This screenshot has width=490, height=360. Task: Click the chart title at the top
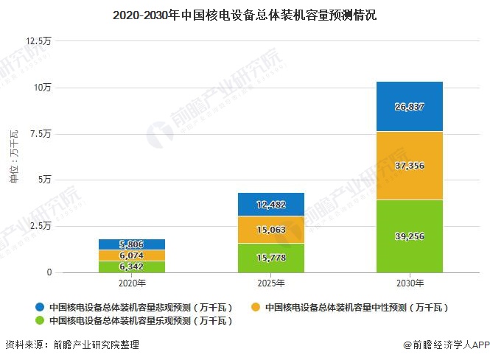245,14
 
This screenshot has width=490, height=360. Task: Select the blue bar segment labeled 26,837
410,106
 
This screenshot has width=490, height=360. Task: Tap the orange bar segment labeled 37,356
410,166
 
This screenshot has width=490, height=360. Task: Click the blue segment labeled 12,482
270,204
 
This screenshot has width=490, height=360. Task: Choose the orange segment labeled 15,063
270,230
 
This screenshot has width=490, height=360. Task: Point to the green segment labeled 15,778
270,258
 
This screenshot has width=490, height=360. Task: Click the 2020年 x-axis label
131,283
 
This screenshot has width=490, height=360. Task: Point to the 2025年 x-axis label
270,283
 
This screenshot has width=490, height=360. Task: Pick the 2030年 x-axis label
410,283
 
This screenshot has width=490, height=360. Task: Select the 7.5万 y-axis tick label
41,133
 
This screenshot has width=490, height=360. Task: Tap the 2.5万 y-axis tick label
41,226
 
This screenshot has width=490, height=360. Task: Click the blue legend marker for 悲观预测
38,307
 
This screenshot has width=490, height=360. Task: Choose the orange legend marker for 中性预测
254,307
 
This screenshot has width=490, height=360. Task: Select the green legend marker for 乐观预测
38,321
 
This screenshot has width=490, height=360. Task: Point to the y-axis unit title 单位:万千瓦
13,156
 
